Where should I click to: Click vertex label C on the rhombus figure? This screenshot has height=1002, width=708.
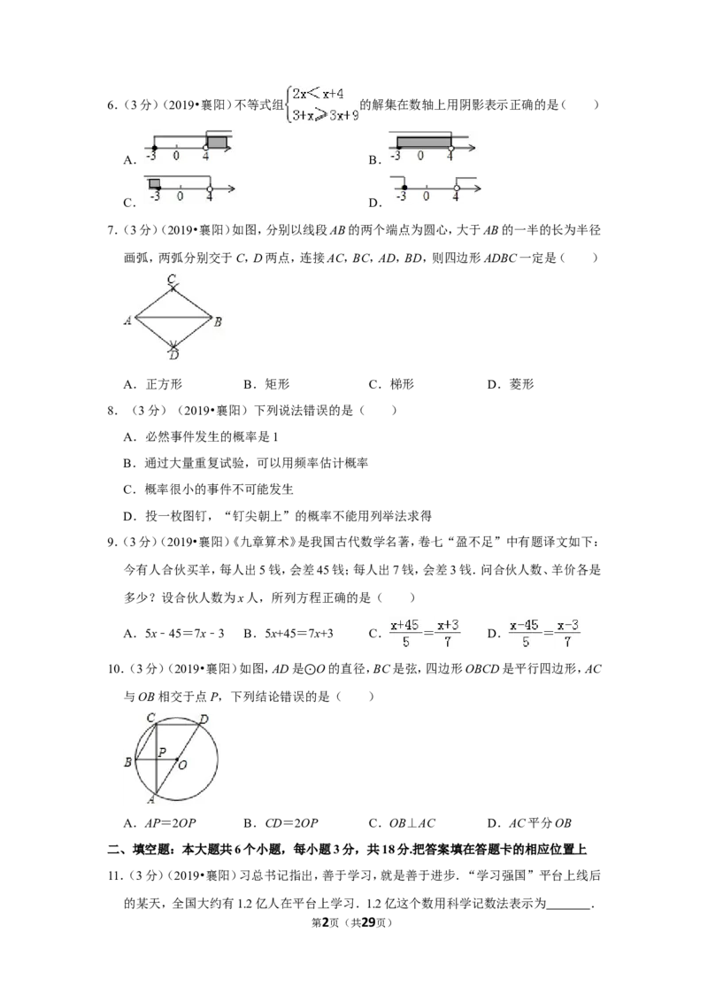click(172, 279)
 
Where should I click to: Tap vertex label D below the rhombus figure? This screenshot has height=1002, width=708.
click(174, 355)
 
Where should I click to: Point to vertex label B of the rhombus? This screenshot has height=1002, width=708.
click(218, 321)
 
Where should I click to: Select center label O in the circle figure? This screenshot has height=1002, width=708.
click(182, 765)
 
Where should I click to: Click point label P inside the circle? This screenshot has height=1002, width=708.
click(162, 752)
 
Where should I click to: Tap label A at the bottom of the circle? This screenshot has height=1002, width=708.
click(151, 799)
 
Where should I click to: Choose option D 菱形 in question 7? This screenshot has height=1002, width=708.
click(511, 384)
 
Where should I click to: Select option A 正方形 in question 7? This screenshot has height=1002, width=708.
click(153, 384)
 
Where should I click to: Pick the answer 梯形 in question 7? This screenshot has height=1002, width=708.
click(391, 384)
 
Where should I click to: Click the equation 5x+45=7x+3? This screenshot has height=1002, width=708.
click(299, 634)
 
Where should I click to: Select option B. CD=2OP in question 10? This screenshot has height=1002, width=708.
click(281, 823)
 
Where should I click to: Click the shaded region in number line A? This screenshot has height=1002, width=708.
click(217, 143)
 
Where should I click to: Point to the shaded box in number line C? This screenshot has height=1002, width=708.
click(155, 183)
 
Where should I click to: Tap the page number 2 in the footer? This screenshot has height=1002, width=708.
click(326, 922)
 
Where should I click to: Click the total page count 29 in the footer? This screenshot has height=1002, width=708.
click(367, 922)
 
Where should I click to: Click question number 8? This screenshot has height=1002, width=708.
click(112, 411)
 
